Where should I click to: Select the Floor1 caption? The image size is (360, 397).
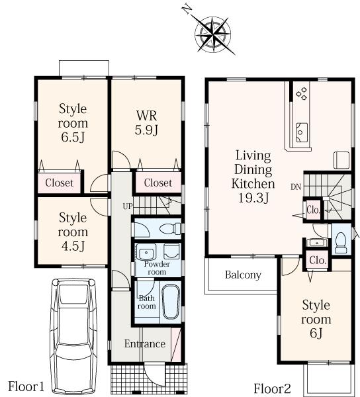tap(26, 386)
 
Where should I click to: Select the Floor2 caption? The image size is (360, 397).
tap(272, 388)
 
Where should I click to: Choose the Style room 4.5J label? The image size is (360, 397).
tap(72, 232)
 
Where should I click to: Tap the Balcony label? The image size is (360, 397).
tap(242, 275)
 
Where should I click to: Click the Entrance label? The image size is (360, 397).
tap(144, 344)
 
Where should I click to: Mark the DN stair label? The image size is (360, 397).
tap(295, 187)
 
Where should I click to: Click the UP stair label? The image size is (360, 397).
tap(127, 206)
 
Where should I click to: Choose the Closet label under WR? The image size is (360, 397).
tap(157, 183)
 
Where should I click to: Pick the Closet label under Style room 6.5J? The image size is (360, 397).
tap(60, 183)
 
